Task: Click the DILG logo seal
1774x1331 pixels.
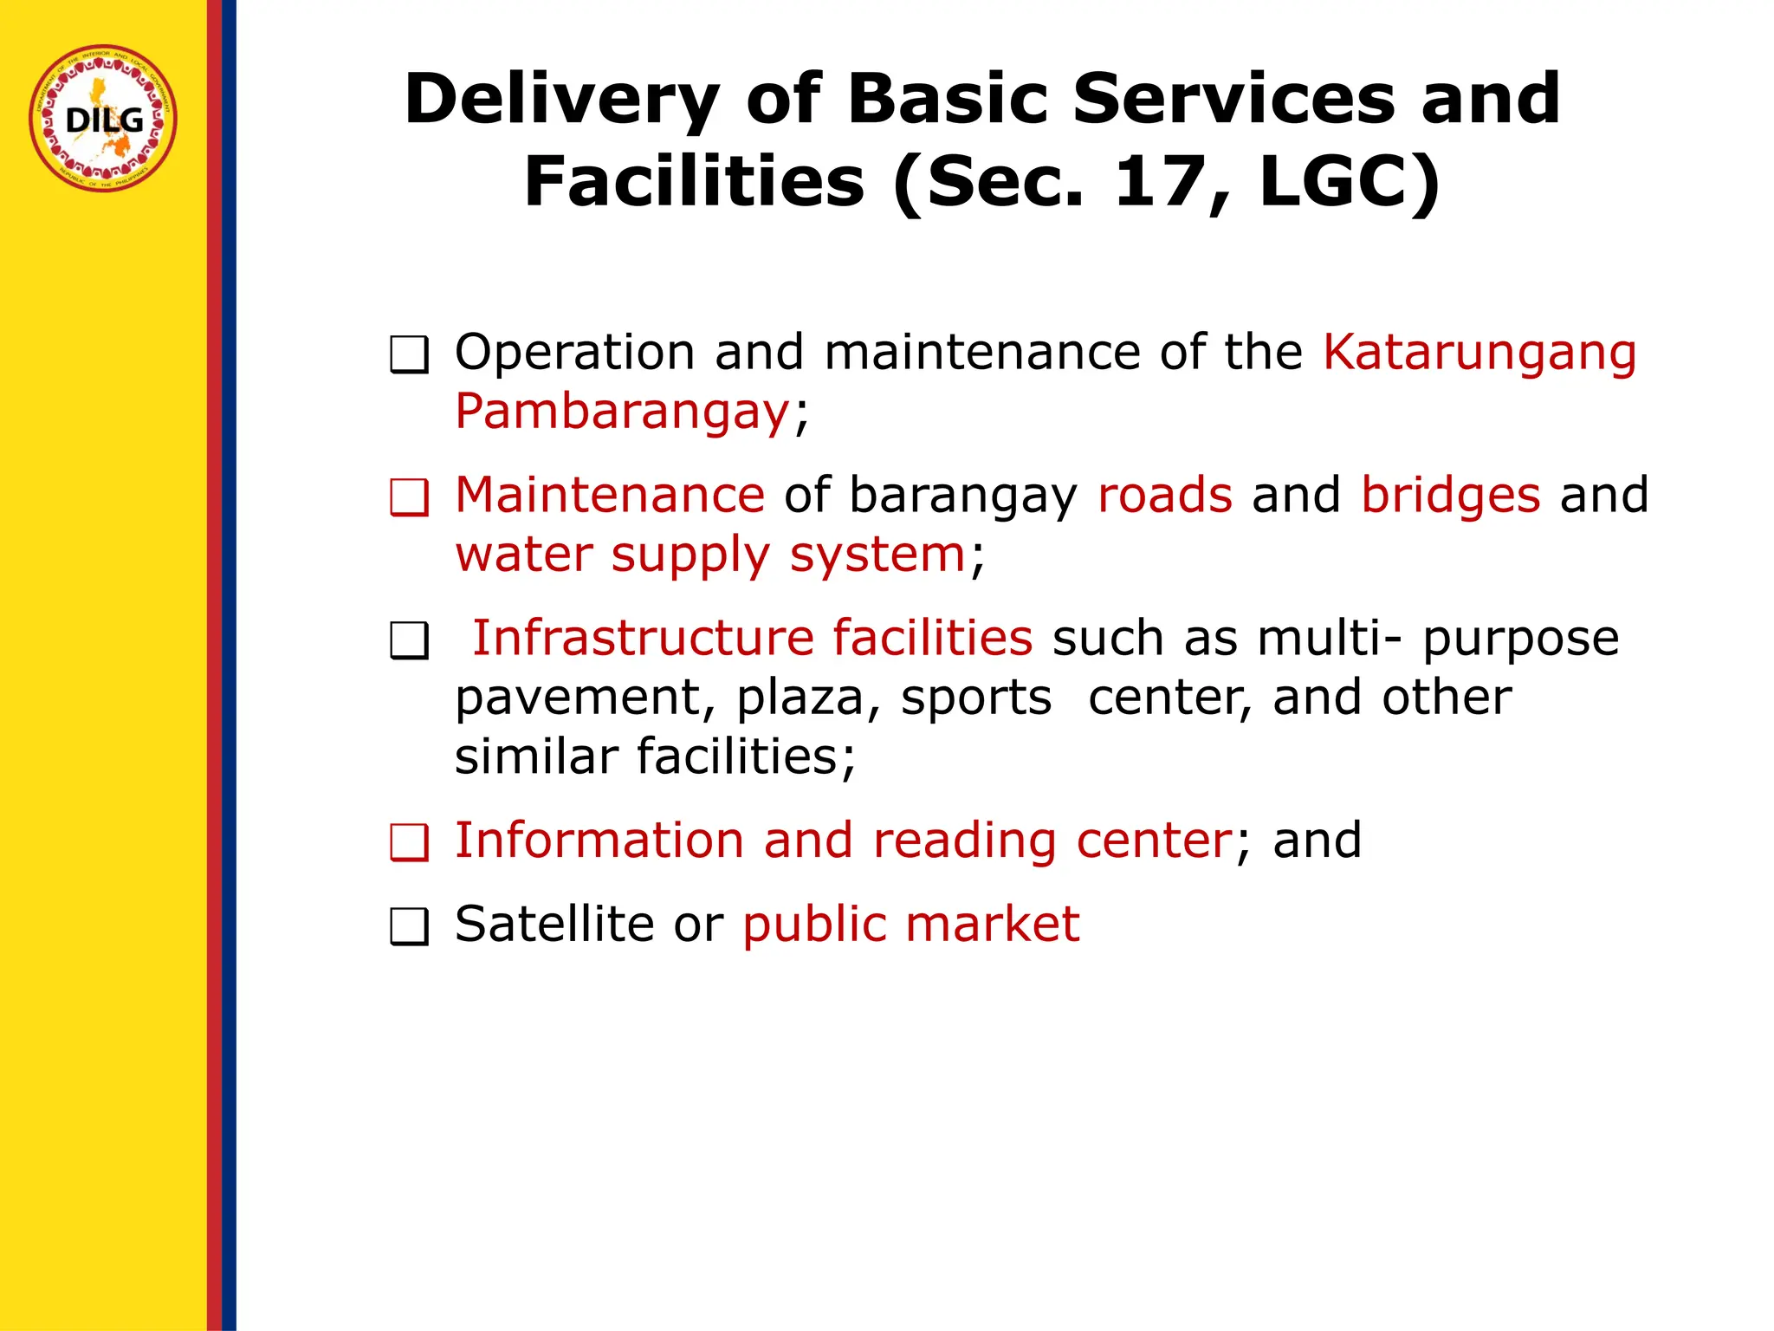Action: pos(103,119)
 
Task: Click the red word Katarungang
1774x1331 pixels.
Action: pos(1479,354)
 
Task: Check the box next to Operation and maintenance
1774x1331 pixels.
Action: pos(409,355)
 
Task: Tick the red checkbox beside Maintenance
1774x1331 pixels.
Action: pos(409,498)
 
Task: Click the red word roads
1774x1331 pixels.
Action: pos(1164,495)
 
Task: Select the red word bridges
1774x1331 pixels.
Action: pos(1451,495)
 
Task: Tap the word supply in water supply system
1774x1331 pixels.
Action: pos(690,555)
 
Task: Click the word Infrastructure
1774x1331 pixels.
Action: pos(643,638)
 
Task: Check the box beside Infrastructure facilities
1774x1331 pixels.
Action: pos(409,642)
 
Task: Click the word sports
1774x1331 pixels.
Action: pos(976,698)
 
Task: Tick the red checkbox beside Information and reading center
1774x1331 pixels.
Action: pos(409,843)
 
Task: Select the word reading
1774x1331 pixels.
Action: pos(964,841)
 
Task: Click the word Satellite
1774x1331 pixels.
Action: pos(554,924)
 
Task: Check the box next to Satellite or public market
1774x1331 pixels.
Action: pos(409,927)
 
